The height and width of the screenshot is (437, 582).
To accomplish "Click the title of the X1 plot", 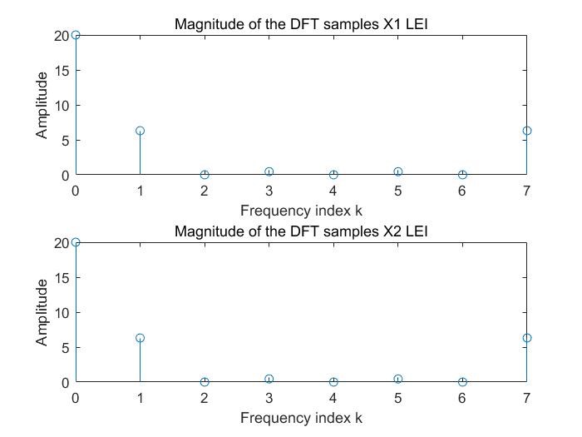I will tap(300, 24).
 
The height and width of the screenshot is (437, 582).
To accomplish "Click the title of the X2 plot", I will tap(300, 231).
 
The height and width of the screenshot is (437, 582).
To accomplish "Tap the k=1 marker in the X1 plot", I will tap(140, 131).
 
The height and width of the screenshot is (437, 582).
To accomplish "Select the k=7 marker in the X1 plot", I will tap(526, 131).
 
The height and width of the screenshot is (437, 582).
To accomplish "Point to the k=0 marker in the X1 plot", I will tap(76, 35).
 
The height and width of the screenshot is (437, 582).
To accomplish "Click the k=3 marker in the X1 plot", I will tap(269, 171).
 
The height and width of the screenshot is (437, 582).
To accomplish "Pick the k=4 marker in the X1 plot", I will tap(333, 175).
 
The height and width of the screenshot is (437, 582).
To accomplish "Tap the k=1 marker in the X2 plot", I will tap(140, 338).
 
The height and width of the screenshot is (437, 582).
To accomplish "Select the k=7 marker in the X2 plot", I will tap(526, 338).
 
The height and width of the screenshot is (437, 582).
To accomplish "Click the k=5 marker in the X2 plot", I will tap(397, 379).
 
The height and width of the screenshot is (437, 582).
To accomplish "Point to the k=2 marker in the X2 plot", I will tap(205, 382).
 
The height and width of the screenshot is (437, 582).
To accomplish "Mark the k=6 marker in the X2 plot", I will tap(462, 382).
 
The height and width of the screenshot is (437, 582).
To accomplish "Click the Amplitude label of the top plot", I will tap(42, 105).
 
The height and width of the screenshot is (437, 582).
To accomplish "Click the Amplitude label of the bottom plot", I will tap(42, 312).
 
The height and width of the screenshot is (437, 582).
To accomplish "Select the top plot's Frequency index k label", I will tap(301, 211).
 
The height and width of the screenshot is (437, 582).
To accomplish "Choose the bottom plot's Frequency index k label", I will tap(301, 418).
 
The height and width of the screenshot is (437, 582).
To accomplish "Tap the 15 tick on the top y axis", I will tap(62, 70).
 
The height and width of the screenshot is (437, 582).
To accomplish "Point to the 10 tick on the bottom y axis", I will tap(62, 312).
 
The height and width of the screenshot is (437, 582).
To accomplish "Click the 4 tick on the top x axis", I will tap(333, 191).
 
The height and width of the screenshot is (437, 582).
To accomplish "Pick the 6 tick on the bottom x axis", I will tap(462, 398).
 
